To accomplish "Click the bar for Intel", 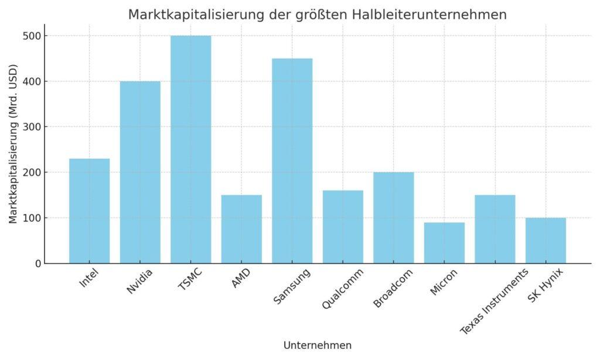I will coord(89,211).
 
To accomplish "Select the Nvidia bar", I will coord(140,172).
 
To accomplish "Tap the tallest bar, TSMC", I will coord(190,150).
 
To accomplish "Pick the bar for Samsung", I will coord(292,161).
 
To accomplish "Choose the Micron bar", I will coord(444,243).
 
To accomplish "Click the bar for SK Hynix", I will coord(546,240).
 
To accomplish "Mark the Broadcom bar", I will coord(393,218).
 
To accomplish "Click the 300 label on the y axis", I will coord(33,127).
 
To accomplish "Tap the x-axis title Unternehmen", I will coord(318,345).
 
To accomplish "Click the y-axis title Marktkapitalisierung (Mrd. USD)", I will coord(13,144).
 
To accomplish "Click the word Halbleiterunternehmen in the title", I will coord(430,15).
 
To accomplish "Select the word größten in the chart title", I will coord(319,15).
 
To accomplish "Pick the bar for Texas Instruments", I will coord(495,229).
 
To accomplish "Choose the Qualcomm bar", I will coord(343,227).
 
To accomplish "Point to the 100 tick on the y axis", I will coord(33,218).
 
